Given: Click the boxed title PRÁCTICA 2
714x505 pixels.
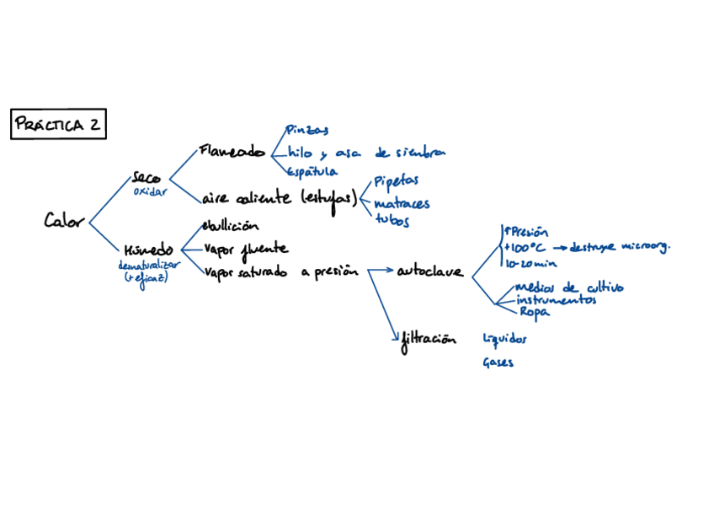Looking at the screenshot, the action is point(57,125).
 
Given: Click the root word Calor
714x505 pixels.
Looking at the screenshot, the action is point(64,221).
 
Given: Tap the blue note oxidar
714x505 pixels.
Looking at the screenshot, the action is point(151,191).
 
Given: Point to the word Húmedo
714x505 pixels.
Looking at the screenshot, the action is point(148,250).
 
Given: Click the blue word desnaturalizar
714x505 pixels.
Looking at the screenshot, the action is point(150,265).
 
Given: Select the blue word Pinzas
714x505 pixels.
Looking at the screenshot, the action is point(306,130).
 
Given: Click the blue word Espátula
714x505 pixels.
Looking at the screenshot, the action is point(312,172).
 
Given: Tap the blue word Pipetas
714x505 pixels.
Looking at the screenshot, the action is point(396,181).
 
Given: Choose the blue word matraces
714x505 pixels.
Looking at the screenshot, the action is point(402,203).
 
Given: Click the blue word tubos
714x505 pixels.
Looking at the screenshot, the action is point(392,222).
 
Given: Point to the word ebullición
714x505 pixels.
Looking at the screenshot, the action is point(230,226).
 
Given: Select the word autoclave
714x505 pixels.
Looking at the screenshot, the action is point(429,271).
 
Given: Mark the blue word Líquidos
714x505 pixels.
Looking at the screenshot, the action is point(504,339).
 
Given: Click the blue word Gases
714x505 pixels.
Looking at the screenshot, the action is point(498,363).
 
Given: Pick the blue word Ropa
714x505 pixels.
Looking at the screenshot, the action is point(534,312).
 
